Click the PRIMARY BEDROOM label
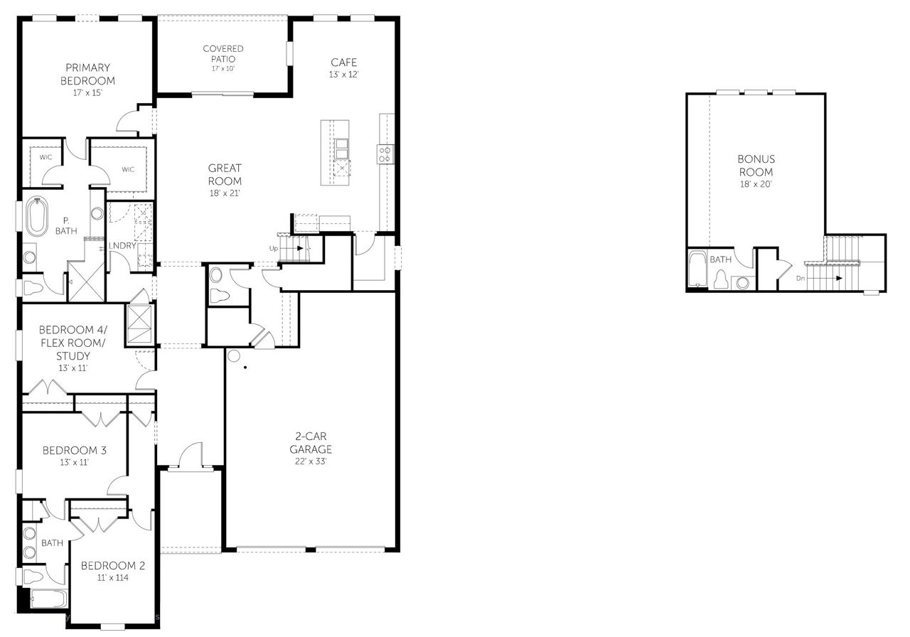pos(90,74)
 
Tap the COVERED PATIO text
pos(223,53)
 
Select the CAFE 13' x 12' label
pos(343,68)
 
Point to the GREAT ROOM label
pos(225,174)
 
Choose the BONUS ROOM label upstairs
pos(756,166)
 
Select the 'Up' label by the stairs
pos(274,248)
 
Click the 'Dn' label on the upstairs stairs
pos(801,278)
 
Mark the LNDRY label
pos(122,246)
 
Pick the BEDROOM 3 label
pos(75,450)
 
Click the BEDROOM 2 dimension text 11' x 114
pos(113,578)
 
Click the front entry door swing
pos(191,455)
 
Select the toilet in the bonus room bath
pos(722,279)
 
